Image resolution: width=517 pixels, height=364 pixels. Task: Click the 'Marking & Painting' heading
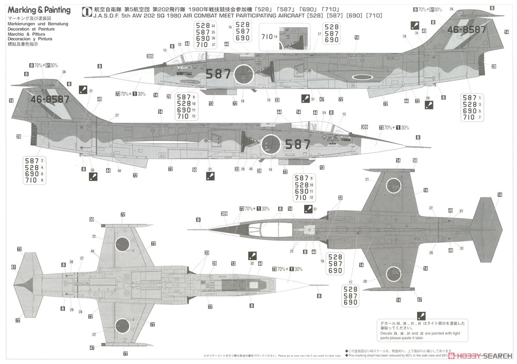click(39, 10)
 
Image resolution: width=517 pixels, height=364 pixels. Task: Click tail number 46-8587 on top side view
click(466, 30)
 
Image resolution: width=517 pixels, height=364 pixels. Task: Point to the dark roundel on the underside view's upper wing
click(122, 244)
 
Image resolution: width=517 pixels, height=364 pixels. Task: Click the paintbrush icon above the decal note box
click(421, 316)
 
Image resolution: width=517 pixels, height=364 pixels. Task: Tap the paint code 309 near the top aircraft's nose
click(149, 56)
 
